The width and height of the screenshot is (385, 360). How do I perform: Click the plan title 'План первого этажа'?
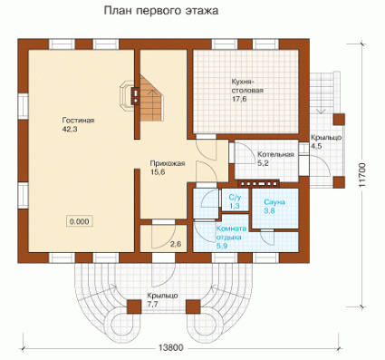tap(161, 11)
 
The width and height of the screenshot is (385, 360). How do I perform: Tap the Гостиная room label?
tap(78, 121)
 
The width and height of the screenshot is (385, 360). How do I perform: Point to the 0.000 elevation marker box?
tap(80, 221)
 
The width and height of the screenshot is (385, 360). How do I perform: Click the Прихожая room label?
tap(168, 164)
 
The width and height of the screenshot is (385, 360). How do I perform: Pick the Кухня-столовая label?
tap(247, 86)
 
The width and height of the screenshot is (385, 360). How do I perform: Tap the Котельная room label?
tap(275, 154)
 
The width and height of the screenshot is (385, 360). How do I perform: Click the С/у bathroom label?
tap(235, 198)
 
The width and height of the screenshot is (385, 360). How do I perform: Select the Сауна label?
tap(274, 202)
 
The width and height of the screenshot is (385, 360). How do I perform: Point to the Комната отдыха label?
tap(232, 233)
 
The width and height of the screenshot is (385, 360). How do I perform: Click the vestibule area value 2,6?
tap(176, 244)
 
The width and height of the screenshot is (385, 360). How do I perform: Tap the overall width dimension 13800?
tap(170, 347)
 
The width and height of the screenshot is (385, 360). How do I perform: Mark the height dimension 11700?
tap(362, 175)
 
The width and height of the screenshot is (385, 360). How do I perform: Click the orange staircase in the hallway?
tap(151, 98)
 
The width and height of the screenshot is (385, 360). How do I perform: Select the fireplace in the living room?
tap(130, 94)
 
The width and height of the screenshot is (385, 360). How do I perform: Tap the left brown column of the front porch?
tap(134, 307)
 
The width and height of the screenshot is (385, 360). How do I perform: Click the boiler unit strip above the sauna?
tap(258, 183)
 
